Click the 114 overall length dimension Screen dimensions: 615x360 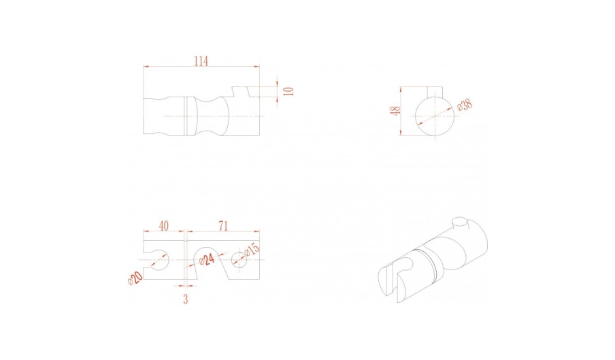[201, 61]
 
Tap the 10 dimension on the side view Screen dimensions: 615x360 [289, 91]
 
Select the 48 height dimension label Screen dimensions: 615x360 [397, 111]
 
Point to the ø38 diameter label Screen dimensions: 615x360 [465, 105]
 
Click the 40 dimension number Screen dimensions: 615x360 [163, 226]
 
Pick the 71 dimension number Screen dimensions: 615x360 [222, 226]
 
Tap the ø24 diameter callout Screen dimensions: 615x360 [207, 259]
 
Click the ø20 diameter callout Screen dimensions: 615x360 [135, 278]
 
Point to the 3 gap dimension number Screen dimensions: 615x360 [186, 299]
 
